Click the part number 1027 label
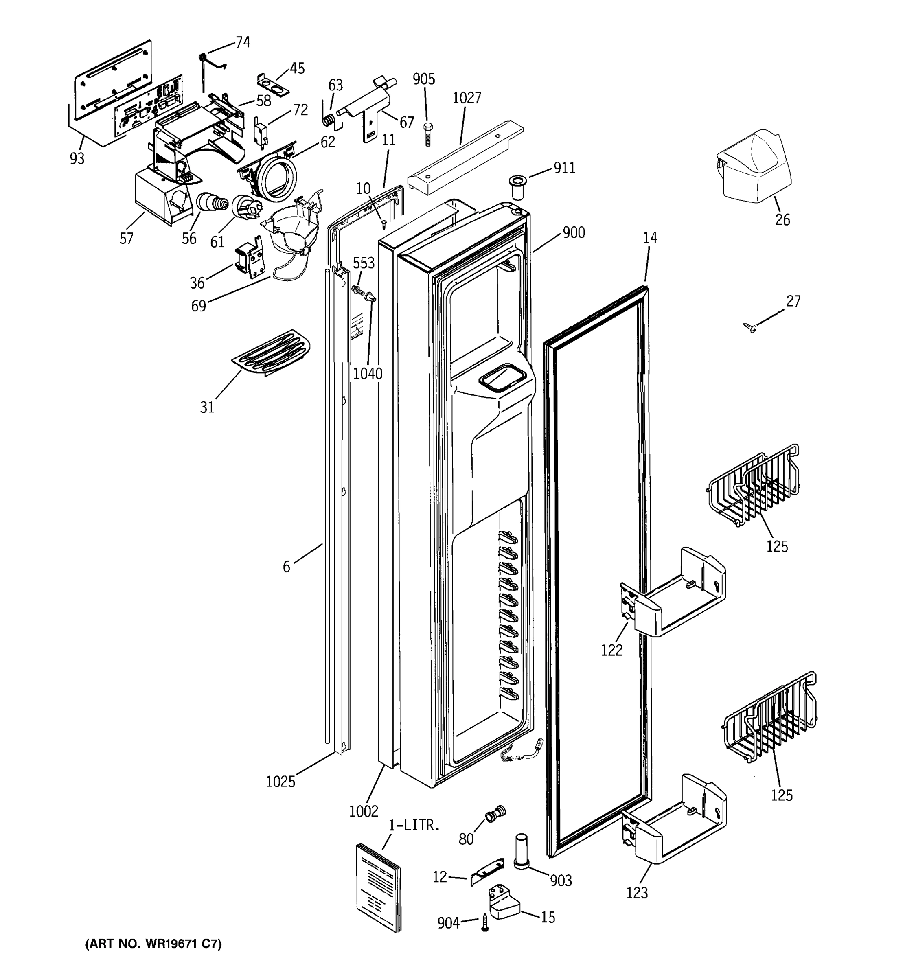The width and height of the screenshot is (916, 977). pyautogui.click(x=467, y=98)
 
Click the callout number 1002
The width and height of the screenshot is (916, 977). pyautogui.click(x=364, y=811)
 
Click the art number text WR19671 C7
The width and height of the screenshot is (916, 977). pyautogui.click(x=153, y=944)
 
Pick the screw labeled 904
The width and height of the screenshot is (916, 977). pyautogui.click(x=485, y=922)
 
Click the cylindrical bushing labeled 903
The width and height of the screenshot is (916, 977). pyautogui.click(x=521, y=851)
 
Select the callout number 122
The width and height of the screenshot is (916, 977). pyautogui.click(x=611, y=650)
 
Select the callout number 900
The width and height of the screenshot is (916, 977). pyautogui.click(x=574, y=232)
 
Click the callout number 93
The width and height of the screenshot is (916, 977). pyautogui.click(x=77, y=158)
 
